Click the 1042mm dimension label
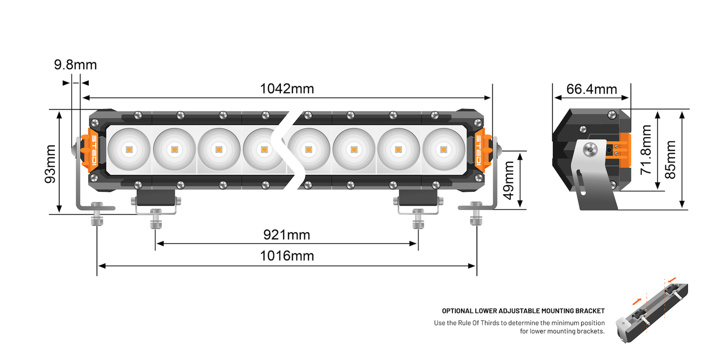[287, 89]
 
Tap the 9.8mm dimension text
[75, 65]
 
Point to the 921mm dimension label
[287, 234]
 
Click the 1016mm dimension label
[287, 256]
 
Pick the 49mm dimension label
[509, 180]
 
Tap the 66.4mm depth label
[591, 90]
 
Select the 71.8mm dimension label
[646, 149]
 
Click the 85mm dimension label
[670, 160]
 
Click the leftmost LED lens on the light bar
[129, 149]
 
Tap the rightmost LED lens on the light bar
[443, 149]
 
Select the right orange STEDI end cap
[479, 150]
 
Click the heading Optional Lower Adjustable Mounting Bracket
[523, 311]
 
